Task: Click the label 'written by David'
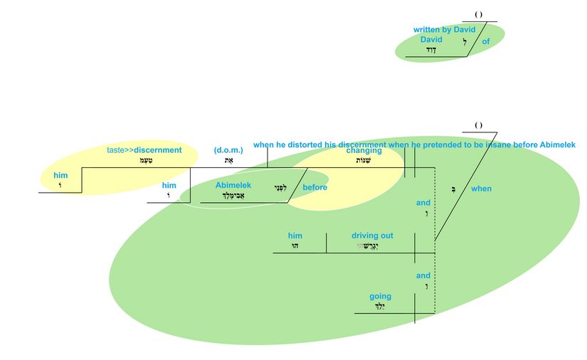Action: pos(444,30)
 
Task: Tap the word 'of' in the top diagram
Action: pos(486,41)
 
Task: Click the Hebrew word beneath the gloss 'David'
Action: pos(430,50)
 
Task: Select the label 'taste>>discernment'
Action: pos(144,150)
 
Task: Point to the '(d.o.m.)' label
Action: pos(228,150)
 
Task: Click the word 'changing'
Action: pos(364,150)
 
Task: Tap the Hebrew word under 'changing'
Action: pos(364,161)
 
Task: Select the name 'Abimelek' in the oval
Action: pos(233,185)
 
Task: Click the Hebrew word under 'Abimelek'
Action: pos(233,196)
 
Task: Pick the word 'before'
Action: pos(314,188)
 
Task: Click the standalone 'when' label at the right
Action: pos(481,189)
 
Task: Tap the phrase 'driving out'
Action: pos(372,235)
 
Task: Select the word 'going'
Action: pos(380,297)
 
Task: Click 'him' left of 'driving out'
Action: pos(295,235)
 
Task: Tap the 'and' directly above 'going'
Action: pos(423,275)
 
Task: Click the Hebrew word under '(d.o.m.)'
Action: pos(228,161)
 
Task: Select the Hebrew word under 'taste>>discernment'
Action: pos(144,161)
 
